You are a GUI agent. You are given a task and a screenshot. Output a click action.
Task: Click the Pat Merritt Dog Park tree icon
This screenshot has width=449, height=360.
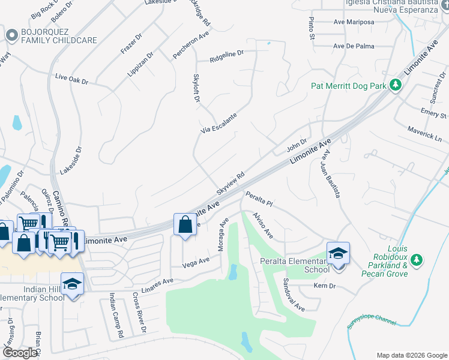(x=395, y=86)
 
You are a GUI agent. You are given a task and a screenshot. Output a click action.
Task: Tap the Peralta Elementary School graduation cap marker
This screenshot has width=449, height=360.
(x=338, y=254)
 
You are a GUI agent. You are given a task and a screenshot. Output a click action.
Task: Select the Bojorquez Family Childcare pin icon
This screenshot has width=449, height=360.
(x=11, y=35)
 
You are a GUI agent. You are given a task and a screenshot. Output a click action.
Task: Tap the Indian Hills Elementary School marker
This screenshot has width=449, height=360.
(x=72, y=284)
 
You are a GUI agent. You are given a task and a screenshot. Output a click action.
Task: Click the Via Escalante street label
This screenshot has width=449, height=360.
(x=218, y=123)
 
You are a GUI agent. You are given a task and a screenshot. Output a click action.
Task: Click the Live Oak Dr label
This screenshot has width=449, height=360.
(x=71, y=79)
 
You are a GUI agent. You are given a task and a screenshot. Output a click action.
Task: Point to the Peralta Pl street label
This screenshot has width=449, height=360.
(x=259, y=199)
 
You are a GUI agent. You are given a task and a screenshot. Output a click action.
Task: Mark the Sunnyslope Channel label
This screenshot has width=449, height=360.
(x=372, y=319)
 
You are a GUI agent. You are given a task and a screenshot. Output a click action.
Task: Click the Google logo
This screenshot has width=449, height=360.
(x=20, y=353)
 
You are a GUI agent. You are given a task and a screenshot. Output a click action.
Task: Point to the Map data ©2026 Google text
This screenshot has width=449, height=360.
(x=412, y=355)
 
